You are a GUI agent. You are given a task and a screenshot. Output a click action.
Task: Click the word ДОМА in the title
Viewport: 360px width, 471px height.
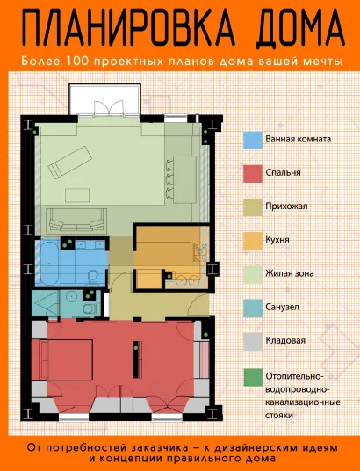coord(300,28)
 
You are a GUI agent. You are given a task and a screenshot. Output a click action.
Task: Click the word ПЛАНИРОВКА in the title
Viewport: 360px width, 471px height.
coord(129,28)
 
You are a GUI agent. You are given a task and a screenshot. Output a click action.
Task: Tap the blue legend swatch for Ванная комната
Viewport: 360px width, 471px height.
coord(253,140)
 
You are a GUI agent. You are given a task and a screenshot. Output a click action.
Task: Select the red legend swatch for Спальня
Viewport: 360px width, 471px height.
coord(253,173)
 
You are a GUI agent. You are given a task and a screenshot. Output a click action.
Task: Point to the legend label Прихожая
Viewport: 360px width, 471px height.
coord(286,207)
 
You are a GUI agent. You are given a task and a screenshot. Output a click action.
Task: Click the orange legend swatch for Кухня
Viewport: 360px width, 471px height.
coord(253,241)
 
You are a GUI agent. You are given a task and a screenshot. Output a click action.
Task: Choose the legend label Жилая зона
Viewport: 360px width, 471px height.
coord(290,273)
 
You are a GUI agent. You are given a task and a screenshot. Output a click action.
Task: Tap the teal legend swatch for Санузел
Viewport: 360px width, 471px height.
coord(253,308)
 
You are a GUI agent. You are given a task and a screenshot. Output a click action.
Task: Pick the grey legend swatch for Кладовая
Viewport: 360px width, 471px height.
coord(253,342)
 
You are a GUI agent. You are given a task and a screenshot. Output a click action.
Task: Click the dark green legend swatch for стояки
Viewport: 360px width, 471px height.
coord(253,377)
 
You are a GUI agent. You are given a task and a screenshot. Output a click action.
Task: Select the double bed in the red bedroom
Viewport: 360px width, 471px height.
coord(66,359)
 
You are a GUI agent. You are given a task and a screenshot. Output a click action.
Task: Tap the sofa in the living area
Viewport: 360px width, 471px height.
coord(77,221)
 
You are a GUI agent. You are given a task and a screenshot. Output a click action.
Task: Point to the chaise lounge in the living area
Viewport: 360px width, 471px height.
coord(70,163)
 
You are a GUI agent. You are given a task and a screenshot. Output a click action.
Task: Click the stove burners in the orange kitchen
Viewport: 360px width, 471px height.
coord(199,251)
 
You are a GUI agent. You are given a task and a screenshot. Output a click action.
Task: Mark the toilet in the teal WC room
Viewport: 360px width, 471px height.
coord(89,308)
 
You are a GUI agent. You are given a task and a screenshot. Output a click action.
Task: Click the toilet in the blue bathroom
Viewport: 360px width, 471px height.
coord(93,277)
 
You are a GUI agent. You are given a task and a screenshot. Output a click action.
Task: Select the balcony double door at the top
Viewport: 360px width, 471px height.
coord(108,108)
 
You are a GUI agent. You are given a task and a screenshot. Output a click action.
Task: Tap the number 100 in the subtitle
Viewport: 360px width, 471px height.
coord(76,62)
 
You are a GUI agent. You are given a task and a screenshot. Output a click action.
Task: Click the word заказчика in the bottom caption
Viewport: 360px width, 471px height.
coord(159,448)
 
